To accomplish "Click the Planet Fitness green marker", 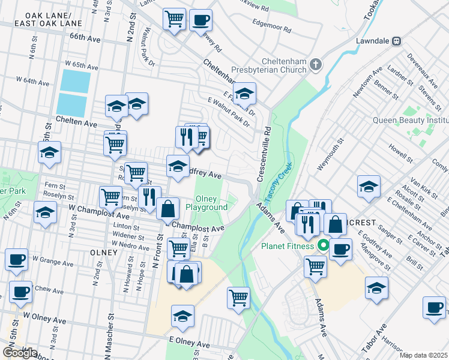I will pyautogui.click(x=324, y=245).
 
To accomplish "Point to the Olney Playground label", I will pyautogui.click(x=206, y=203).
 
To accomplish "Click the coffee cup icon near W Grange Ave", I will pyautogui.click(x=16, y=259).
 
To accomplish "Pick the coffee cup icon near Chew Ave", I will pyautogui.click(x=20, y=292).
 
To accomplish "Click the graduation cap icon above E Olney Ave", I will pyautogui.click(x=183, y=316).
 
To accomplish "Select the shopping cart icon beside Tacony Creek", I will pyautogui.click(x=238, y=296).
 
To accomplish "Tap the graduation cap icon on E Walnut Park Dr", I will pyautogui.click(x=244, y=93).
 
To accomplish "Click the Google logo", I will pyautogui.click(x=19, y=353).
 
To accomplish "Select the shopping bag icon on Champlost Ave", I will pyautogui.click(x=169, y=208).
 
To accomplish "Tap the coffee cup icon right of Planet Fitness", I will pyautogui.click(x=340, y=248).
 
